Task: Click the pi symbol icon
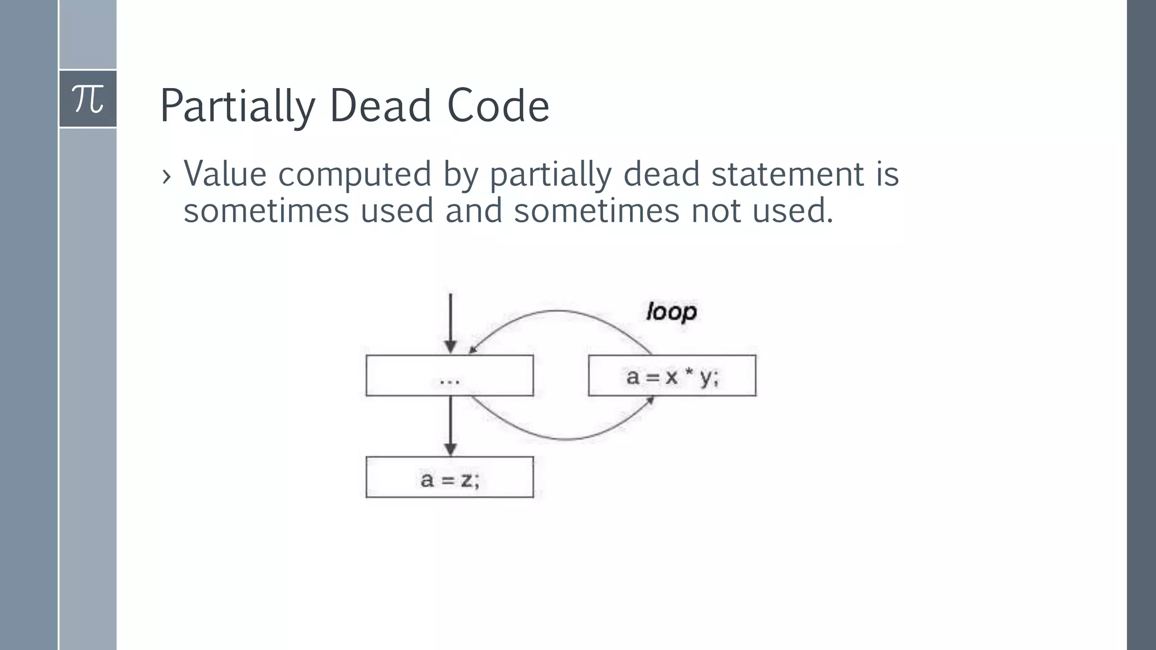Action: (88, 99)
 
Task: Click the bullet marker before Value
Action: (166, 177)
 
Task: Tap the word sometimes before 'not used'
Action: (597, 210)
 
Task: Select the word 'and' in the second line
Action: (474, 210)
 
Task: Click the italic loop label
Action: (671, 312)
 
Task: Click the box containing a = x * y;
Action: (672, 376)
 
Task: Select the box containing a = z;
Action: (449, 477)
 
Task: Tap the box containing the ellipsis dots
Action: (449, 376)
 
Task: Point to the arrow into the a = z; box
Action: (450, 426)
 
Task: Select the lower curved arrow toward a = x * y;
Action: (564, 438)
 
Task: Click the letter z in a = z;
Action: (466, 480)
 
